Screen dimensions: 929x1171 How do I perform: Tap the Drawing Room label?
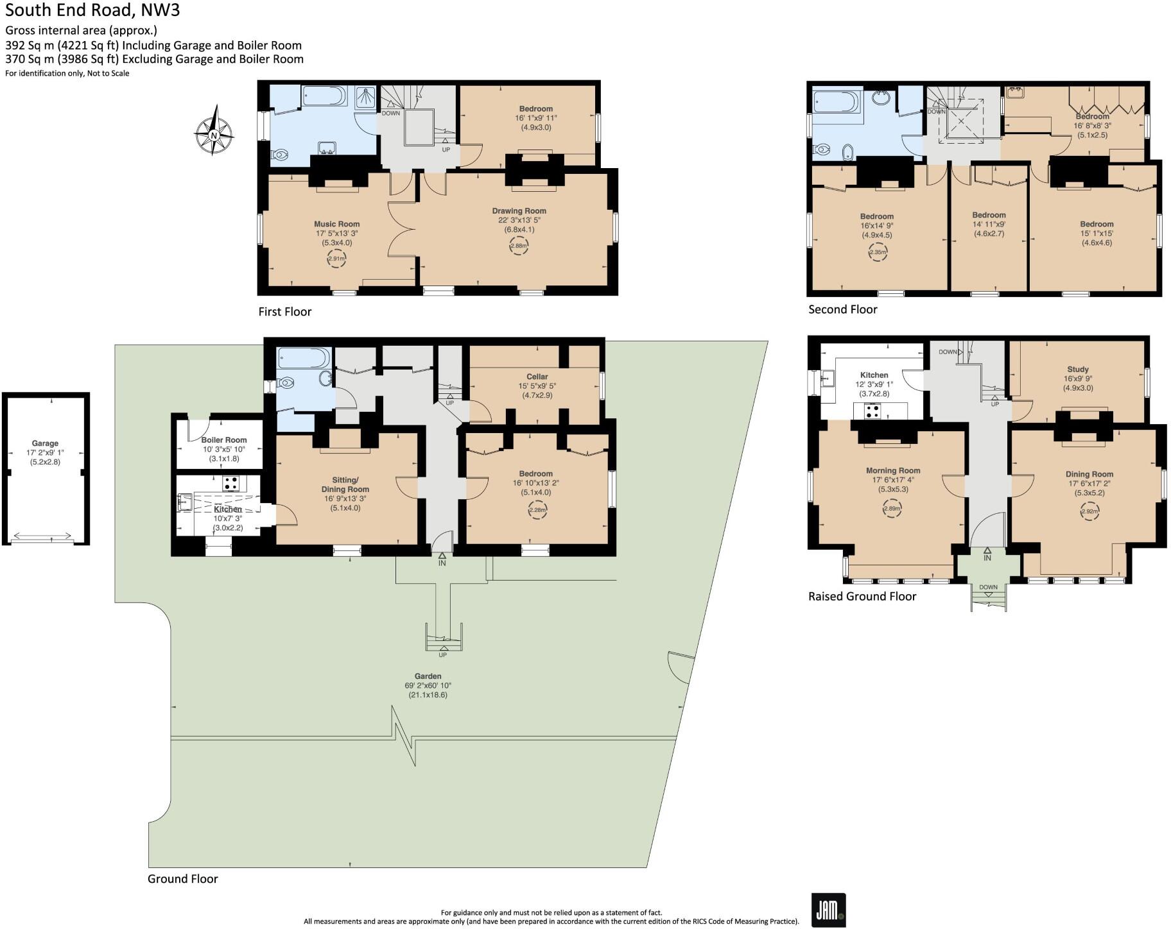pyautogui.click(x=519, y=211)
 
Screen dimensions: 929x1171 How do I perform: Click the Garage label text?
pyautogui.click(x=45, y=443)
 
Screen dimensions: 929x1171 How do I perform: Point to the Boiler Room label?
pyautogui.click(x=224, y=440)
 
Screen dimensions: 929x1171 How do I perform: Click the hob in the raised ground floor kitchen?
pyautogui.click(x=872, y=411)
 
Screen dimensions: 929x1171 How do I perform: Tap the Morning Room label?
pyautogui.click(x=892, y=470)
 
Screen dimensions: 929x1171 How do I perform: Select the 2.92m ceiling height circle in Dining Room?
pyautogui.click(x=1089, y=512)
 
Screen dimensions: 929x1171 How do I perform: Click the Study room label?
pyautogui.click(x=1077, y=369)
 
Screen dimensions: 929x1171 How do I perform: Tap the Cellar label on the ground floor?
pyautogui.click(x=537, y=377)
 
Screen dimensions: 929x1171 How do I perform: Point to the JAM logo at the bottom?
pyautogui.click(x=828, y=909)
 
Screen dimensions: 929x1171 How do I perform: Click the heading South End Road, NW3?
pyautogui.click(x=92, y=10)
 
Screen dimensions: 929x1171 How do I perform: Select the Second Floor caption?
pyautogui.click(x=842, y=309)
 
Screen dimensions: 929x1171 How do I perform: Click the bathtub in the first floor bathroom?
pyautogui.click(x=324, y=97)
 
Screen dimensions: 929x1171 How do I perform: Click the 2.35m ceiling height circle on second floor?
pyautogui.click(x=877, y=252)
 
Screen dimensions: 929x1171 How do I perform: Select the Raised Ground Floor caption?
pyautogui.click(x=862, y=596)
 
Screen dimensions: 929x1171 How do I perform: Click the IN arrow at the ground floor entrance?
pyautogui.click(x=442, y=559)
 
